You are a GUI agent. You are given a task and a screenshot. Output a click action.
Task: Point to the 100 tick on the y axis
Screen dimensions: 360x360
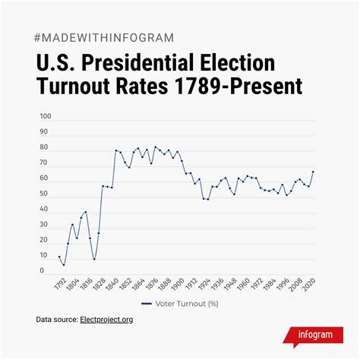tap(46, 117)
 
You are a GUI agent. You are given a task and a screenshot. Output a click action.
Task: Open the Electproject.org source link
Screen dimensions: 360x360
tap(107, 320)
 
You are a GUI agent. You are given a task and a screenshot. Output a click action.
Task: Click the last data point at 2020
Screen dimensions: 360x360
tap(313, 172)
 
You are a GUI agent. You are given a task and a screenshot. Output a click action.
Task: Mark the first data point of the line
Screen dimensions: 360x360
tap(59, 257)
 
